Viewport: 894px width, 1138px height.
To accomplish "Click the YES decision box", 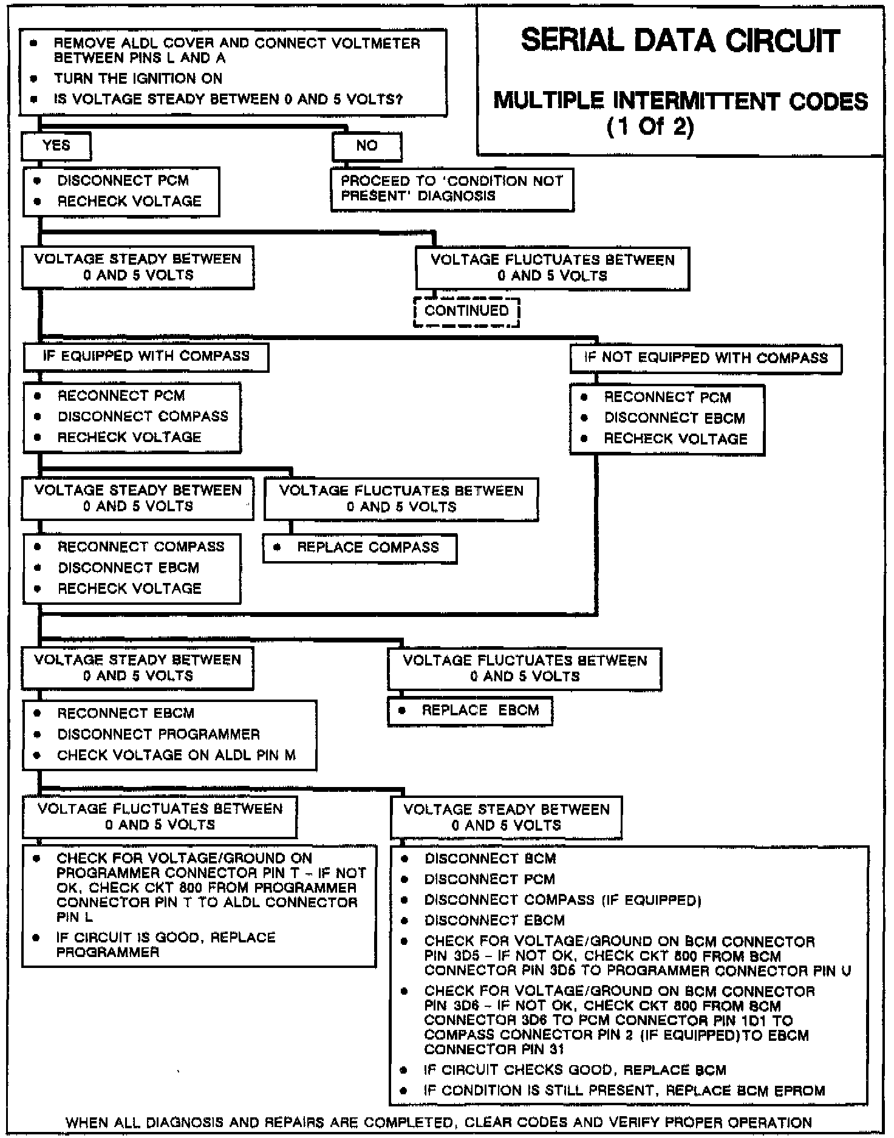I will click(x=56, y=146).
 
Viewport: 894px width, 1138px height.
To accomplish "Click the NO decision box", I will click(x=367, y=146).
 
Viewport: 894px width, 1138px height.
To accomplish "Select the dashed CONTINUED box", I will click(x=466, y=312).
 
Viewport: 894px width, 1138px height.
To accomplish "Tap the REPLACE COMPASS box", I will click(x=360, y=548).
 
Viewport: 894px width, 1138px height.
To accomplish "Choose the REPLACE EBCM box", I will click(x=470, y=711).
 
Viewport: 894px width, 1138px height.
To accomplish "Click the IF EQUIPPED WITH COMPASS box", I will click(x=146, y=356).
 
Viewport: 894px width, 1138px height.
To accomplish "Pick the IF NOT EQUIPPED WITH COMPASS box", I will click(x=706, y=358).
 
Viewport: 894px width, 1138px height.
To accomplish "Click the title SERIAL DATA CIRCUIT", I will click(x=680, y=41).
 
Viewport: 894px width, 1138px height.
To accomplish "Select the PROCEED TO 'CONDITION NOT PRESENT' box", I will click(x=452, y=189).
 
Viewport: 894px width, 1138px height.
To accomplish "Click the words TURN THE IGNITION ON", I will click(x=138, y=79).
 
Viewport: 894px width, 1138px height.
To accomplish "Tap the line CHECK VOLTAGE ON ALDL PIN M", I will click(x=176, y=755).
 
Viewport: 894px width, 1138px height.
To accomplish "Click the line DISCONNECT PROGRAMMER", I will click(x=159, y=735).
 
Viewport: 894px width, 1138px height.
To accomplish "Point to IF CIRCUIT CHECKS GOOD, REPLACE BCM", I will click(x=575, y=1070).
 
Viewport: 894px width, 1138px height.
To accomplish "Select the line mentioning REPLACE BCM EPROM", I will click(x=624, y=1091).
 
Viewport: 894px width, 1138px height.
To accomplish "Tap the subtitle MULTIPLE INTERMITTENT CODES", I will click(x=680, y=101).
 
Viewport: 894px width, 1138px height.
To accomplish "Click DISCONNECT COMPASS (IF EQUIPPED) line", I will click(x=562, y=900).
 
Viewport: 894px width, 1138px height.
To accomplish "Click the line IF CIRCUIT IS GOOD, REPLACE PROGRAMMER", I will click(x=166, y=945).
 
